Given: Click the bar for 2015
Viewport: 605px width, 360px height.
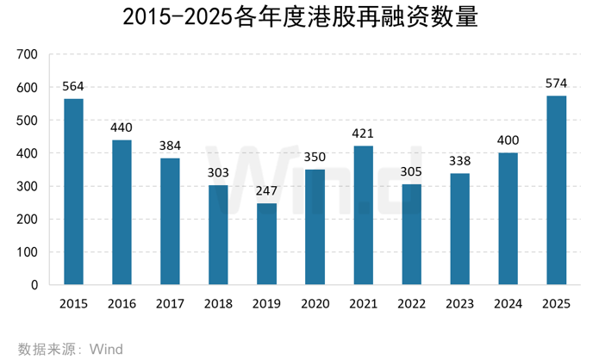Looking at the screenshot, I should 73,191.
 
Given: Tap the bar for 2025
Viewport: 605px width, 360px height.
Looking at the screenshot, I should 557,189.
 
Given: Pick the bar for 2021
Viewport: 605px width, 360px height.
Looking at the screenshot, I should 363,215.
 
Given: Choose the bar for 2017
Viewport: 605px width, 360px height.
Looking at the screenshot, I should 170,221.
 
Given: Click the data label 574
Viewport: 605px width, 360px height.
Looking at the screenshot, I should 557,84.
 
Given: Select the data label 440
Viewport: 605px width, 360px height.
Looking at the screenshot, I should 122,128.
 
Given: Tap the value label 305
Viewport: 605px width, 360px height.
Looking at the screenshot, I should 411,172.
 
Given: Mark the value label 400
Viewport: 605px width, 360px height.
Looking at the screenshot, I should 508,141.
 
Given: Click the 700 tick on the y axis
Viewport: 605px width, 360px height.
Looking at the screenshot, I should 28,55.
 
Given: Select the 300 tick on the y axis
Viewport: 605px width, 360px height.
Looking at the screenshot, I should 28,187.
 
